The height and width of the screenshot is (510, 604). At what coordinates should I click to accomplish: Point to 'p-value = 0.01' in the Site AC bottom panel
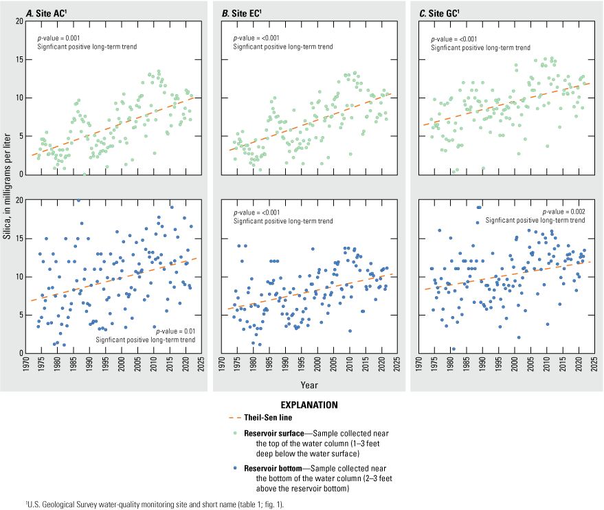pos(170,331)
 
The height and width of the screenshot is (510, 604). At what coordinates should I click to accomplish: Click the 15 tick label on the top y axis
pos(20,60)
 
